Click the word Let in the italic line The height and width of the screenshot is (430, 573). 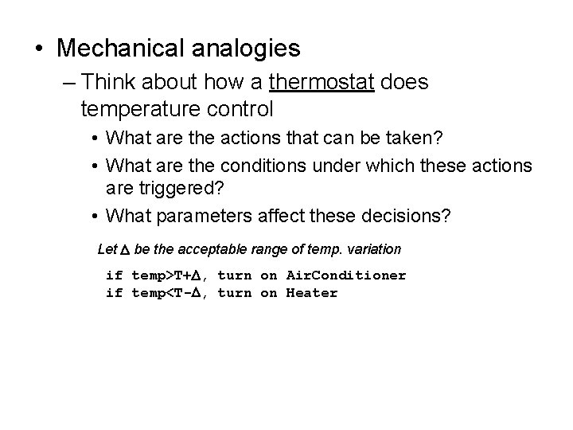[x=107, y=249]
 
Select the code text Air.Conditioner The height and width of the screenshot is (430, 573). [x=346, y=276]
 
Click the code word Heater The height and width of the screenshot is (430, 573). [x=312, y=293]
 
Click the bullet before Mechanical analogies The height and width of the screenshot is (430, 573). [x=40, y=49]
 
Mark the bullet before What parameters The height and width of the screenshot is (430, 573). [x=94, y=215]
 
